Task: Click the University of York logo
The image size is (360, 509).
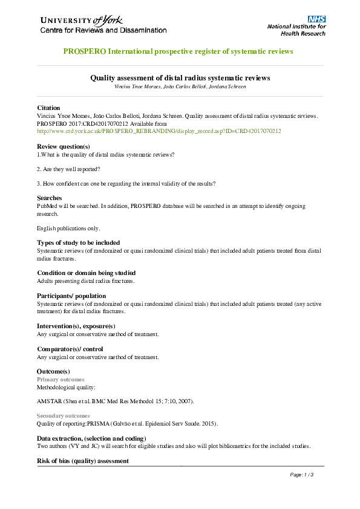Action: [x=103, y=24]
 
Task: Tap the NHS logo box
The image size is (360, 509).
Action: [x=317, y=19]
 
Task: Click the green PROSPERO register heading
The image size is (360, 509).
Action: [x=178, y=51]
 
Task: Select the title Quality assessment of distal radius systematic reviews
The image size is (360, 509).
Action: [x=180, y=78]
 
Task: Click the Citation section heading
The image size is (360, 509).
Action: [x=49, y=107]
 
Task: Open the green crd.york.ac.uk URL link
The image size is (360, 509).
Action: [x=159, y=131]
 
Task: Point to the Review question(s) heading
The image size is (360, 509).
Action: [x=64, y=146]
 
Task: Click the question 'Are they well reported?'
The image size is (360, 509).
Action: [x=68, y=169]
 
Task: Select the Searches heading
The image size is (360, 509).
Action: [x=50, y=198]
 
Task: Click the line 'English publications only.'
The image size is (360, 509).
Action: [x=68, y=228]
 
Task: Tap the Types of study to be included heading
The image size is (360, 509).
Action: [x=79, y=242]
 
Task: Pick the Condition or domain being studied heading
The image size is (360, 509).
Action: [x=86, y=273]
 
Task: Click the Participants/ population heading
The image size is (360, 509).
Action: [x=76, y=296]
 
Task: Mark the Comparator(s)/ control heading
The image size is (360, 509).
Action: [x=70, y=349]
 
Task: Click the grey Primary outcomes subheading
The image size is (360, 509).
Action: [x=61, y=379]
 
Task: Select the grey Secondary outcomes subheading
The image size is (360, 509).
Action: [x=64, y=416]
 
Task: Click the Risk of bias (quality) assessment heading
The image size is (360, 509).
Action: [x=83, y=461]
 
